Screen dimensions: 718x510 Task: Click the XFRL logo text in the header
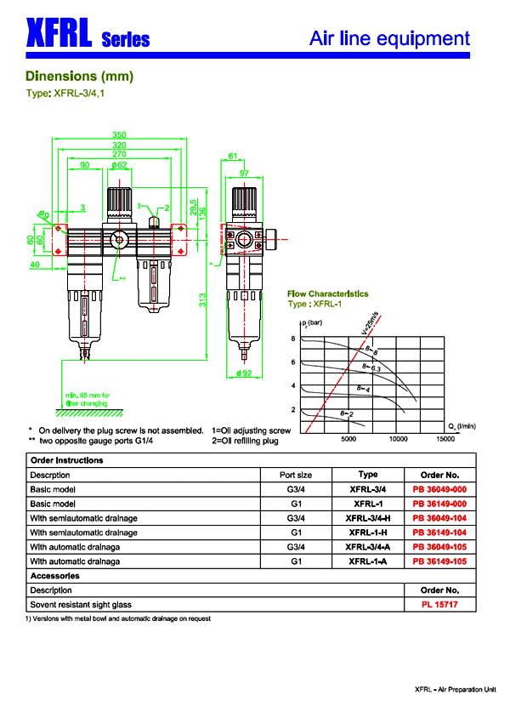[59, 36]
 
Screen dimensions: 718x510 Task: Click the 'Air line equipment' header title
[389, 38]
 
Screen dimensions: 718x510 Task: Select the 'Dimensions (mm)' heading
[80, 76]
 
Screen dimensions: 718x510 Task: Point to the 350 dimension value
[120, 134]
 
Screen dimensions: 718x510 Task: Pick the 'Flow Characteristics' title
[328, 293]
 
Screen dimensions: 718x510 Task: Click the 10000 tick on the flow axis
[398, 440]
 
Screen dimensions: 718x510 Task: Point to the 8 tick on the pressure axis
[293, 339]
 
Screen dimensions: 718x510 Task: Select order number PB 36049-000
[440, 489]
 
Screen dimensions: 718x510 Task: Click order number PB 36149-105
[440, 561]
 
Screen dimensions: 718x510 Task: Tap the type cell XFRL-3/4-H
[368, 518]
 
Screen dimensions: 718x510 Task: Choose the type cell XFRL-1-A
[368, 561]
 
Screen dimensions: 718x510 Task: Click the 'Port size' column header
[296, 475]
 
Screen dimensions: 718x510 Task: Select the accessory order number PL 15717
[440, 604]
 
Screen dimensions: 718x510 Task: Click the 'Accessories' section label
[56, 576]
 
